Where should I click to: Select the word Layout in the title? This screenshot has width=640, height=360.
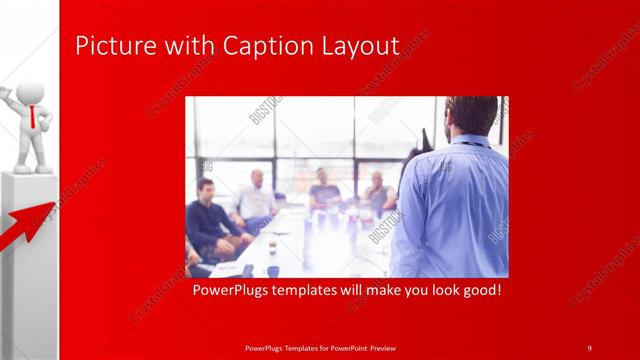357,47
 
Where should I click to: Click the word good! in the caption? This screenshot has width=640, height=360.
478,291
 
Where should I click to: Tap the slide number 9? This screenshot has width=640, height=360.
589,347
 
